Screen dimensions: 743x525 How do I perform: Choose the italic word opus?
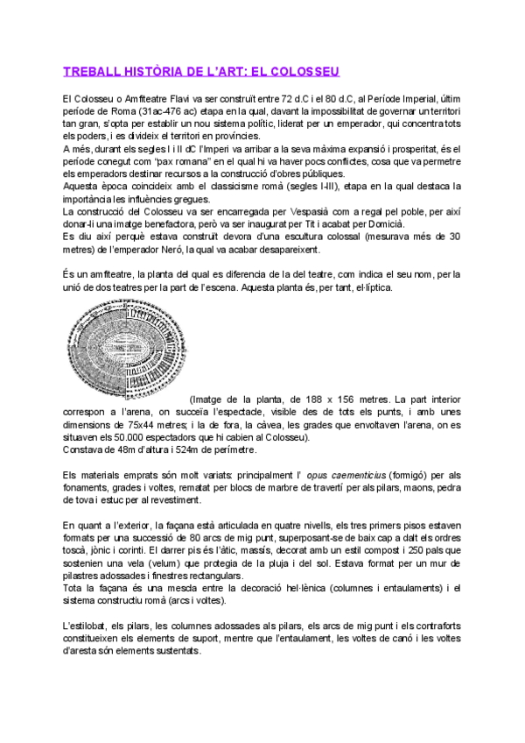(317, 475)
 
